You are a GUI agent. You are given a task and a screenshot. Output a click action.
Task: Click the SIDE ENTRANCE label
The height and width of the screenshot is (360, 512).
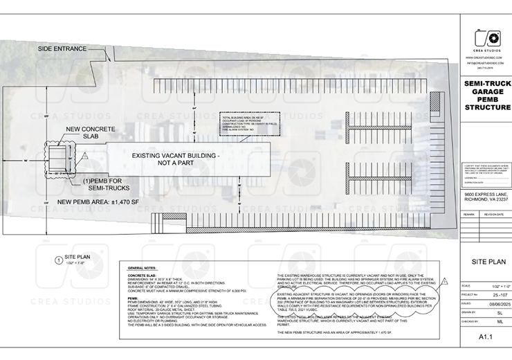click(x=62, y=49)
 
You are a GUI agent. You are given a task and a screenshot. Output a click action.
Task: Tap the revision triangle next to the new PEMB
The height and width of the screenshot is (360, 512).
click(x=84, y=158)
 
